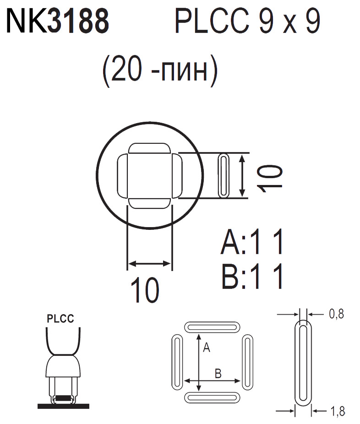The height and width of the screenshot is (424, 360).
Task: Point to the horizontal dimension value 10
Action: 145,290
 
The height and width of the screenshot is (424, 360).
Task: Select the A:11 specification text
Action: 252,242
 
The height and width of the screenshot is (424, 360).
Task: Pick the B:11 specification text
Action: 252,276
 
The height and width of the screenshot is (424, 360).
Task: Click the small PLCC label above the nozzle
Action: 60,319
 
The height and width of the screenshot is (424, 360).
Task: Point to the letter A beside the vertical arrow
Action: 206,348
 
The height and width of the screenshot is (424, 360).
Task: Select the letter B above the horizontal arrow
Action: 218,374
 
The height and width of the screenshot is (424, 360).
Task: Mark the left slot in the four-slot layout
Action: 176,362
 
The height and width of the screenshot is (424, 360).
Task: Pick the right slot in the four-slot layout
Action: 247,362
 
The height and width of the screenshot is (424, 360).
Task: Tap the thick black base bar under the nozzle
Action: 63,406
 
